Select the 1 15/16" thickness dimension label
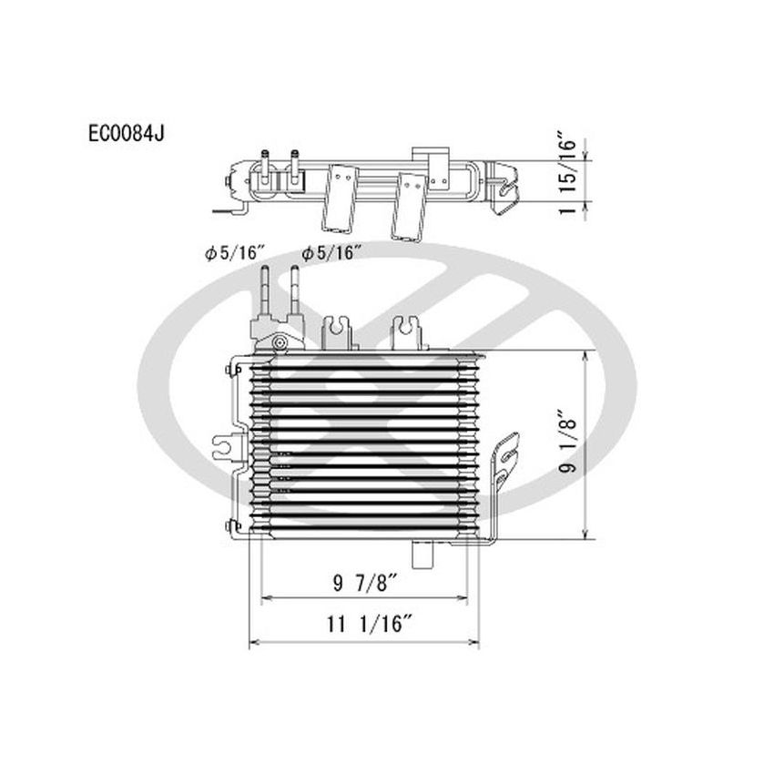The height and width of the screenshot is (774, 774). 567,178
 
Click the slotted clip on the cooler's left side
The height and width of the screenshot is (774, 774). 222,448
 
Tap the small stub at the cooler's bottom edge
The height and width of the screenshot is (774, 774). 424,552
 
